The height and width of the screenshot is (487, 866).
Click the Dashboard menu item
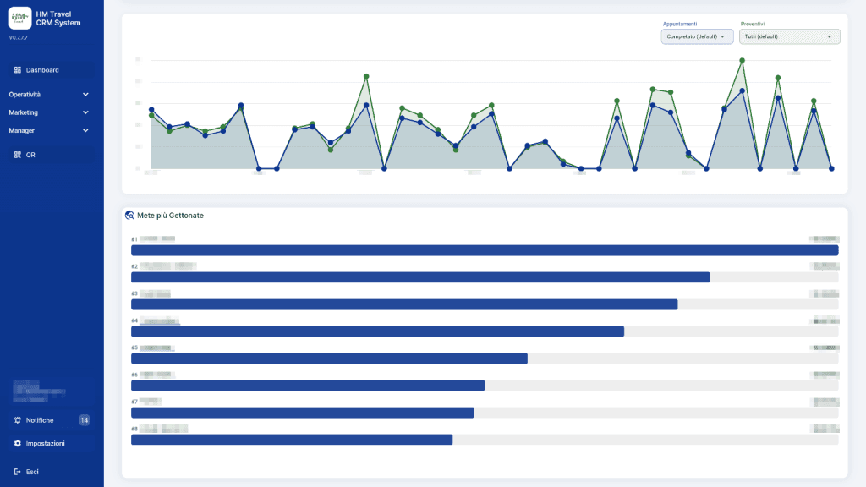click(x=42, y=70)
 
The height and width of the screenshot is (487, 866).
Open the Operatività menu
click(x=25, y=95)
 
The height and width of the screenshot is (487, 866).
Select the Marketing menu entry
click(x=24, y=112)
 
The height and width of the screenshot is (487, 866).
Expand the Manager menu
click(x=22, y=130)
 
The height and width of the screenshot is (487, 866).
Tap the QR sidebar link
click(x=30, y=155)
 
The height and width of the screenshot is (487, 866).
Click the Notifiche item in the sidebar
click(x=39, y=420)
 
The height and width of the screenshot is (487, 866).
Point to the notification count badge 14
click(x=84, y=420)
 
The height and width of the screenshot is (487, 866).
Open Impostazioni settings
click(x=44, y=443)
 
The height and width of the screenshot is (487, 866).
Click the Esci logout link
click(x=32, y=472)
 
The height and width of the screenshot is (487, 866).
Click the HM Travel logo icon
click(x=20, y=18)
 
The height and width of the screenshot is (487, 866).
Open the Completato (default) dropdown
click(x=697, y=36)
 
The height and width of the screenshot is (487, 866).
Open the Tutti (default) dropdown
click(x=789, y=36)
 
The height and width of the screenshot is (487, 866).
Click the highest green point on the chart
click(x=742, y=61)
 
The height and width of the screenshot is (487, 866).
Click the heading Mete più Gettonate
click(x=169, y=216)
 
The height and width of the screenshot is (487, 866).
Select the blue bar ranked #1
click(x=484, y=250)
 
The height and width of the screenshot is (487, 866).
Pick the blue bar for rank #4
click(x=377, y=331)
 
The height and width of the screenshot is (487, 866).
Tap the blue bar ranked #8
click(x=292, y=440)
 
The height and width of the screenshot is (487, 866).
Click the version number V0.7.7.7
click(x=19, y=38)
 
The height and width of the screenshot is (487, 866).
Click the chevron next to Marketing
click(x=85, y=112)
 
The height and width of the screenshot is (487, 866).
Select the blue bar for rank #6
click(x=308, y=386)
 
